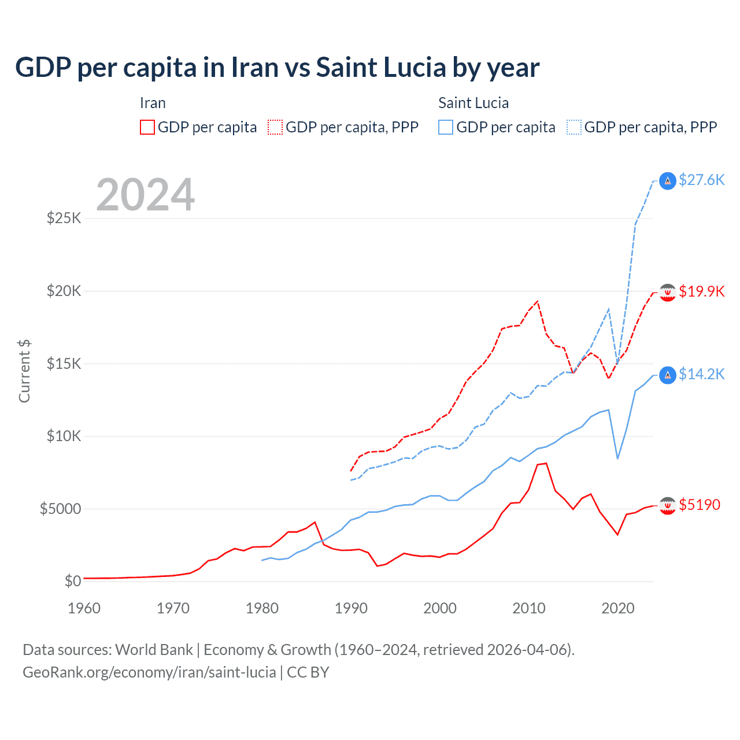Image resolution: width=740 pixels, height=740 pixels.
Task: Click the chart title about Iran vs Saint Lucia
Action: (x=277, y=68)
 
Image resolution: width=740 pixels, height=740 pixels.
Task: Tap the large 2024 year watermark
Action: (x=145, y=195)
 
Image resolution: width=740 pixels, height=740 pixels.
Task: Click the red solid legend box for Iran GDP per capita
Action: (x=147, y=127)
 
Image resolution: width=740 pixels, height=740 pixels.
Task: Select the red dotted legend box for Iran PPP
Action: (x=275, y=127)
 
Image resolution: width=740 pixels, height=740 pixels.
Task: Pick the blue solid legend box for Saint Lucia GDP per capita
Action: (x=446, y=127)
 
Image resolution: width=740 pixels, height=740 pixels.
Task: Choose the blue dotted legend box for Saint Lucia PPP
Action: (x=574, y=127)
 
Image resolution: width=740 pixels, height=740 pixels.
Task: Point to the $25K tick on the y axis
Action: (x=64, y=219)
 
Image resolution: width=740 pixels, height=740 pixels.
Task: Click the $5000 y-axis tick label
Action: (x=60, y=509)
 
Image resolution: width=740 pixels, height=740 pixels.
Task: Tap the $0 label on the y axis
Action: (x=72, y=581)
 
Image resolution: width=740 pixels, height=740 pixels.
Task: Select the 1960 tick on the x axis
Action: (x=84, y=608)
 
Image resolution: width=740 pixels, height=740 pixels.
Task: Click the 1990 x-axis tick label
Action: (x=351, y=608)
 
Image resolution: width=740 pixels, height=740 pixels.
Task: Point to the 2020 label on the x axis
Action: (x=618, y=608)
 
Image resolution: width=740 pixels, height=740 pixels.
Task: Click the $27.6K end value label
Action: (x=701, y=180)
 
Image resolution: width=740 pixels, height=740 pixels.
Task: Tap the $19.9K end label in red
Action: (x=701, y=291)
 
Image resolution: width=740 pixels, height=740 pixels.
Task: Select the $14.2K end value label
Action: (x=701, y=375)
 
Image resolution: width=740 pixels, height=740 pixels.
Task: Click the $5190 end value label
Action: (x=700, y=505)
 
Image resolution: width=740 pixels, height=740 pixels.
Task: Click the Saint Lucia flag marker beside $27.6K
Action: (x=668, y=181)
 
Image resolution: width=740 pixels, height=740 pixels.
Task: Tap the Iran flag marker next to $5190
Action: (x=668, y=505)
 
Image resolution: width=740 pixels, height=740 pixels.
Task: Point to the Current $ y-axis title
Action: (x=24, y=371)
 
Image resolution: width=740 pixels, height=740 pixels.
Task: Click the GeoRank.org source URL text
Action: (x=149, y=672)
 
